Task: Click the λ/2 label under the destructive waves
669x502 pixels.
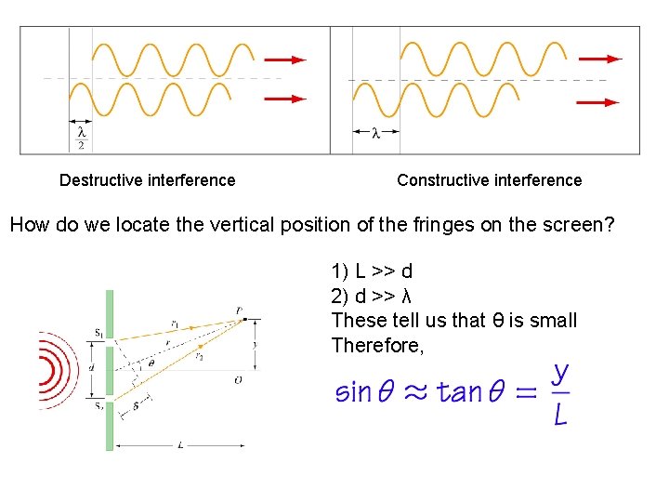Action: click(82, 138)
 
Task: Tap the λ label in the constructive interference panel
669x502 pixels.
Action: click(375, 133)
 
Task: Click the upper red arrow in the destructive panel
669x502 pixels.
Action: click(285, 59)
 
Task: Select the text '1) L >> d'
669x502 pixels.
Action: click(372, 271)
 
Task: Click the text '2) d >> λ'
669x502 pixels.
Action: click(372, 296)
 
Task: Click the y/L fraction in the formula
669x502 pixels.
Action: click(560, 393)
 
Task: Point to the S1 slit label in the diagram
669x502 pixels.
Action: click(98, 332)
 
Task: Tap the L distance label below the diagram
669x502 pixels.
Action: click(179, 445)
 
